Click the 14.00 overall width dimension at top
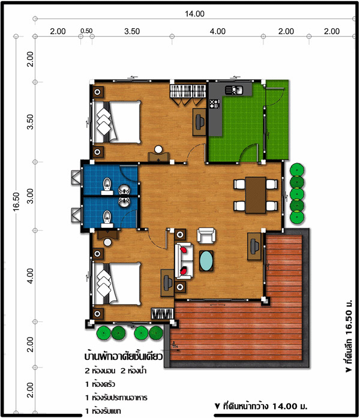194,14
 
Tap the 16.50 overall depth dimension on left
16,202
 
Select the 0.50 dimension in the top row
86,31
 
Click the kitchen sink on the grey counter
234,90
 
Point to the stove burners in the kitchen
214,104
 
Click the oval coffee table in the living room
206,261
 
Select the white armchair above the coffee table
206,236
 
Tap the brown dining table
256,195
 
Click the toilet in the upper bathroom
107,186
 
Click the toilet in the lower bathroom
107,219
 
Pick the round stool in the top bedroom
158,149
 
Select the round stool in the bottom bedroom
107,242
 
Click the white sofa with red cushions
184,261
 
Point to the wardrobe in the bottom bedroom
163,314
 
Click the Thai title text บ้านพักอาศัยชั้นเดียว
124,356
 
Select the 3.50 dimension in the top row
132,31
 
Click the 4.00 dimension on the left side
31,276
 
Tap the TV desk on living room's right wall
254,246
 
